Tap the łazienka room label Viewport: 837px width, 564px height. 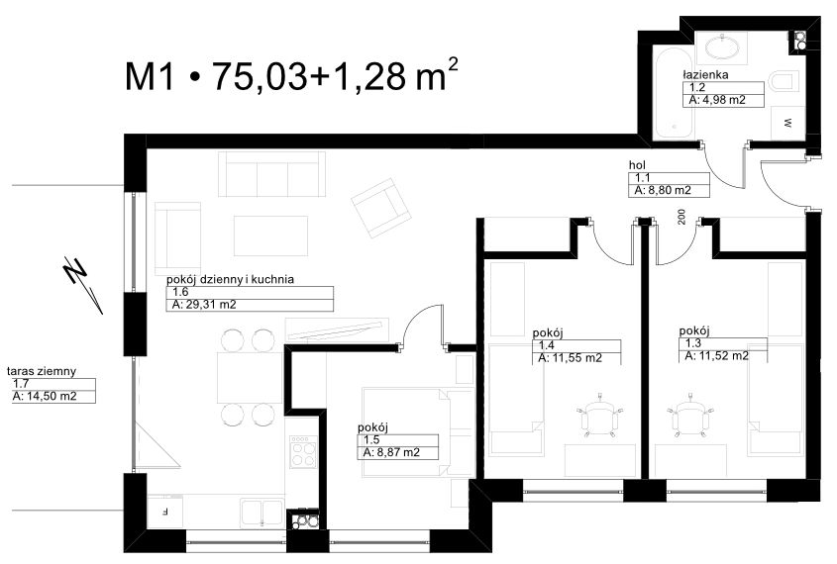tap(705, 74)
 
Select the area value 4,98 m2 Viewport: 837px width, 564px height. tap(723, 100)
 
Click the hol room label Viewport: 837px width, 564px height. tap(637, 165)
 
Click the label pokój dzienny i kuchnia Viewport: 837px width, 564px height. tap(230, 279)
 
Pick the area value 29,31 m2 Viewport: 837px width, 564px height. tap(210, 305)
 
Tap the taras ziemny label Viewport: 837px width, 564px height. tap(42, 371)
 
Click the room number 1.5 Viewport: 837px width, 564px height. tap(371, 439)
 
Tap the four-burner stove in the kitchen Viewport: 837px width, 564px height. tap(303, 452)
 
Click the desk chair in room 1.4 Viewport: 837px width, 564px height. tap(600, 415)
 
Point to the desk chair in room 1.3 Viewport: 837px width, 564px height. tap(690, 415)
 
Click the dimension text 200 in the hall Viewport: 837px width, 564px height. tap(681, 217)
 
